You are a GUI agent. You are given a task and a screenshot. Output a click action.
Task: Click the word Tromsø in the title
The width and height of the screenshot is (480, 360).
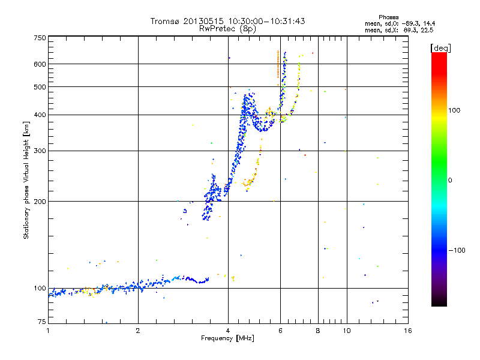point(166,21)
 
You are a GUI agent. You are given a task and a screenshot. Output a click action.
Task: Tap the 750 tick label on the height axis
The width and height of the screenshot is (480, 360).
point(40,38)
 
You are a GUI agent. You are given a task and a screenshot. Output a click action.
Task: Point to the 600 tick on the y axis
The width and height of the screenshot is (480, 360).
point(40,64)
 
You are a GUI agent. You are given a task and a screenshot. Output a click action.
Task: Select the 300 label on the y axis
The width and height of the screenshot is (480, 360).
point(40,151)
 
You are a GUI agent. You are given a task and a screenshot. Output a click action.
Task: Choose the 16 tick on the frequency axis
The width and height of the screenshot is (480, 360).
point(407,331)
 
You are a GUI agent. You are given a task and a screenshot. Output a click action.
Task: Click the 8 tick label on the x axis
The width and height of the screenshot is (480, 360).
point(318,331)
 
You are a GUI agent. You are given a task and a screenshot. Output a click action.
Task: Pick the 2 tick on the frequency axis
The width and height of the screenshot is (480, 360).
point(138,331)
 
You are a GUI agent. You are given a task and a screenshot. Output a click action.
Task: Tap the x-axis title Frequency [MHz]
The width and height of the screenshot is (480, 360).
point(228,339)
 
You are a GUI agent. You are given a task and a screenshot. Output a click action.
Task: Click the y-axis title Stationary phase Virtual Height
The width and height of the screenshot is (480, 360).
point(26,180)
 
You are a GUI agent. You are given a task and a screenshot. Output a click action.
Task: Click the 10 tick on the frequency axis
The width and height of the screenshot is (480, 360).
point(346,331)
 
